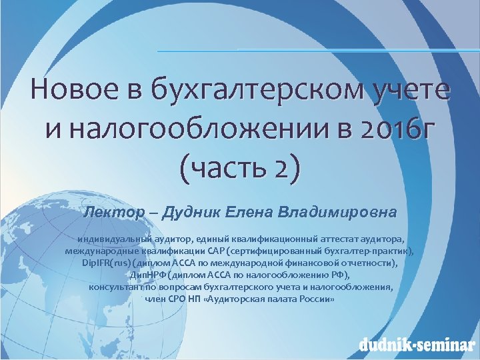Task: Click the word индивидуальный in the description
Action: coord(109,239)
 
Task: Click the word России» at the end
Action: coord(317,299)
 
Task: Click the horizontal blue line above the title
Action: coord(313,51)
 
